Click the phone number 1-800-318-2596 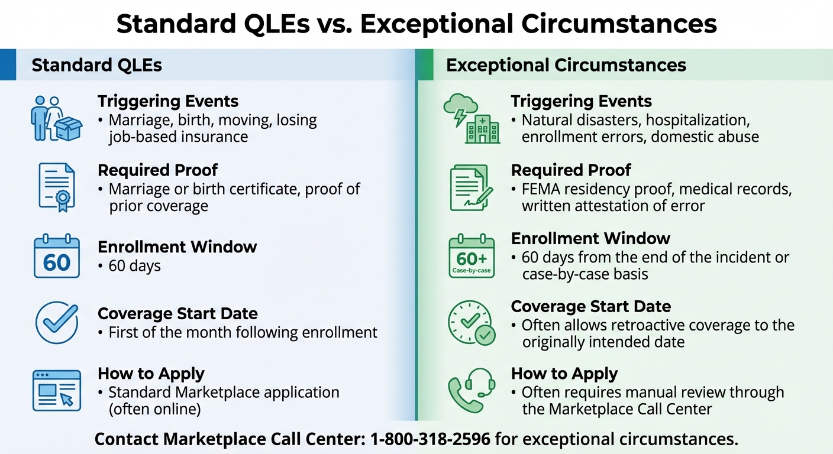point(430,439)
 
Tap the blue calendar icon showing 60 point(57,256)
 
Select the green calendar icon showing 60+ point(472,256)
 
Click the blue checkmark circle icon point(57,323)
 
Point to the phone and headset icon point(472,390)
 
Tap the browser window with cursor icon point(57,391)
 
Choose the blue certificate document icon point(57,187)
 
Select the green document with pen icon point(471,187)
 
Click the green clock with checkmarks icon point(472,323)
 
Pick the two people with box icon point(56,118)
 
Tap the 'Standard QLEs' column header point(96,65)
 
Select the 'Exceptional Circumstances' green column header point(566,65)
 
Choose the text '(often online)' point(154,410)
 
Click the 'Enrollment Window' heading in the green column point(590,238)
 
